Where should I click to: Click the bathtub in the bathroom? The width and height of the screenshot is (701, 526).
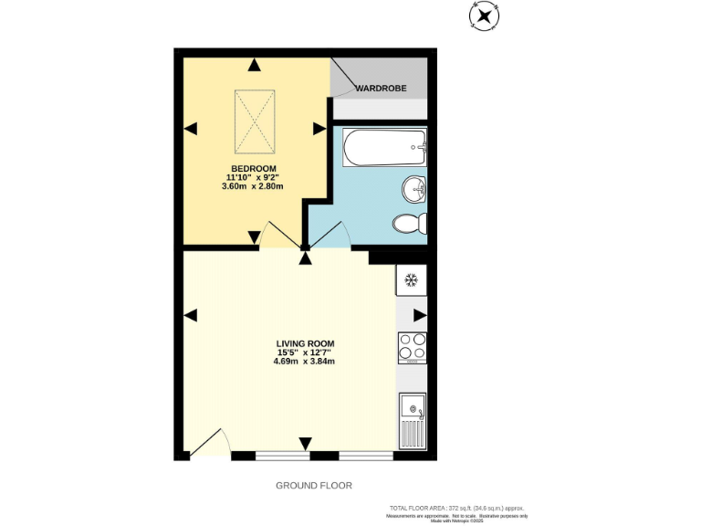point(384,147)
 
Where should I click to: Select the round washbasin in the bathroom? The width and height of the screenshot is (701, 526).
point(413,190)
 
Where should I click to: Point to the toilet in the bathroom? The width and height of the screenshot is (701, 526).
point(408,223)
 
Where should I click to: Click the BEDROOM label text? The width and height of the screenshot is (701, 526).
point(253,169)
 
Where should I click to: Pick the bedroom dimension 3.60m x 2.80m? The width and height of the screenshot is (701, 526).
point(253,186)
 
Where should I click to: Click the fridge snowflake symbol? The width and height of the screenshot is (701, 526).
point(411,279)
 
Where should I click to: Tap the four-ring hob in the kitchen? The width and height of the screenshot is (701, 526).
point(412,347)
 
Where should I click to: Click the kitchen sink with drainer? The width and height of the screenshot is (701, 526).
point(412,420)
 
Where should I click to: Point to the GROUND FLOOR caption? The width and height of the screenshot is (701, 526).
point(313,486)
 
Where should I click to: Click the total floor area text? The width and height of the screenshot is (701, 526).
point(457,508)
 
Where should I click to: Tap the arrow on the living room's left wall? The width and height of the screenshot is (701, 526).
point(190,315)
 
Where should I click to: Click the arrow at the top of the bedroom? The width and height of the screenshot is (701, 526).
point(253,65)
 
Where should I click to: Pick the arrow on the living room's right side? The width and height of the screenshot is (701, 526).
point(419,315)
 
